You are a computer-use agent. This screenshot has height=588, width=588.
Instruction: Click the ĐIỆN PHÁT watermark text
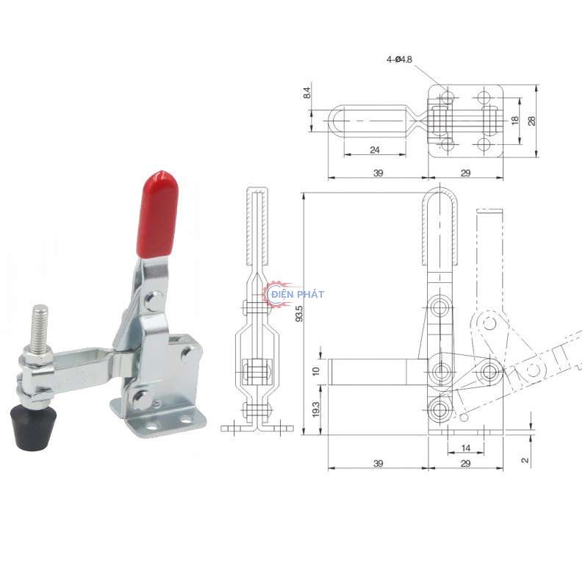(297, 294)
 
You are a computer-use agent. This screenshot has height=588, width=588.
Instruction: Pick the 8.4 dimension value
(306, 93)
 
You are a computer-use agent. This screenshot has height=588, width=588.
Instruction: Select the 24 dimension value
(375, 149)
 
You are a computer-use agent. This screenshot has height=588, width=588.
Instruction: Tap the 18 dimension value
(514, 120)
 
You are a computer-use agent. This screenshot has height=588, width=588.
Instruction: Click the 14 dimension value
(465, 447)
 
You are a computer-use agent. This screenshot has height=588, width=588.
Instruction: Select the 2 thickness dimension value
(524, 459)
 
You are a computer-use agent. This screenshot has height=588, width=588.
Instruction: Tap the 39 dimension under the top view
(378, 173)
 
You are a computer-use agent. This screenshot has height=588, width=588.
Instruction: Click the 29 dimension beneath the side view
(465, 464)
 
